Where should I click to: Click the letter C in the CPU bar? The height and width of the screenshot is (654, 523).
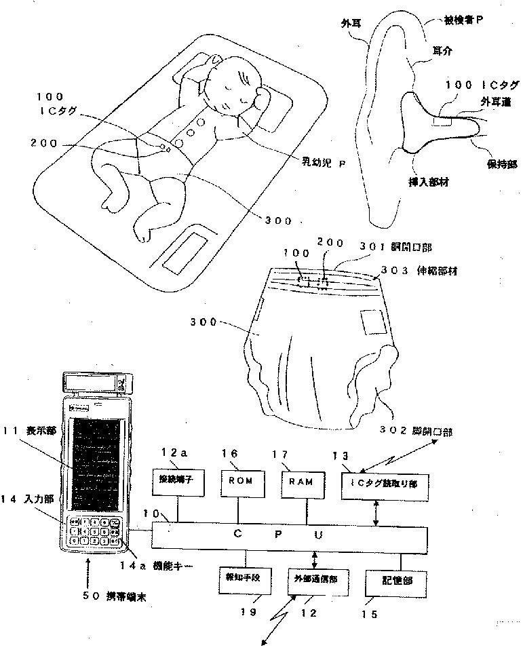(x=238, y=533)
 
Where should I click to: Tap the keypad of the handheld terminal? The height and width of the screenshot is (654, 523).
(x=96, y=532)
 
